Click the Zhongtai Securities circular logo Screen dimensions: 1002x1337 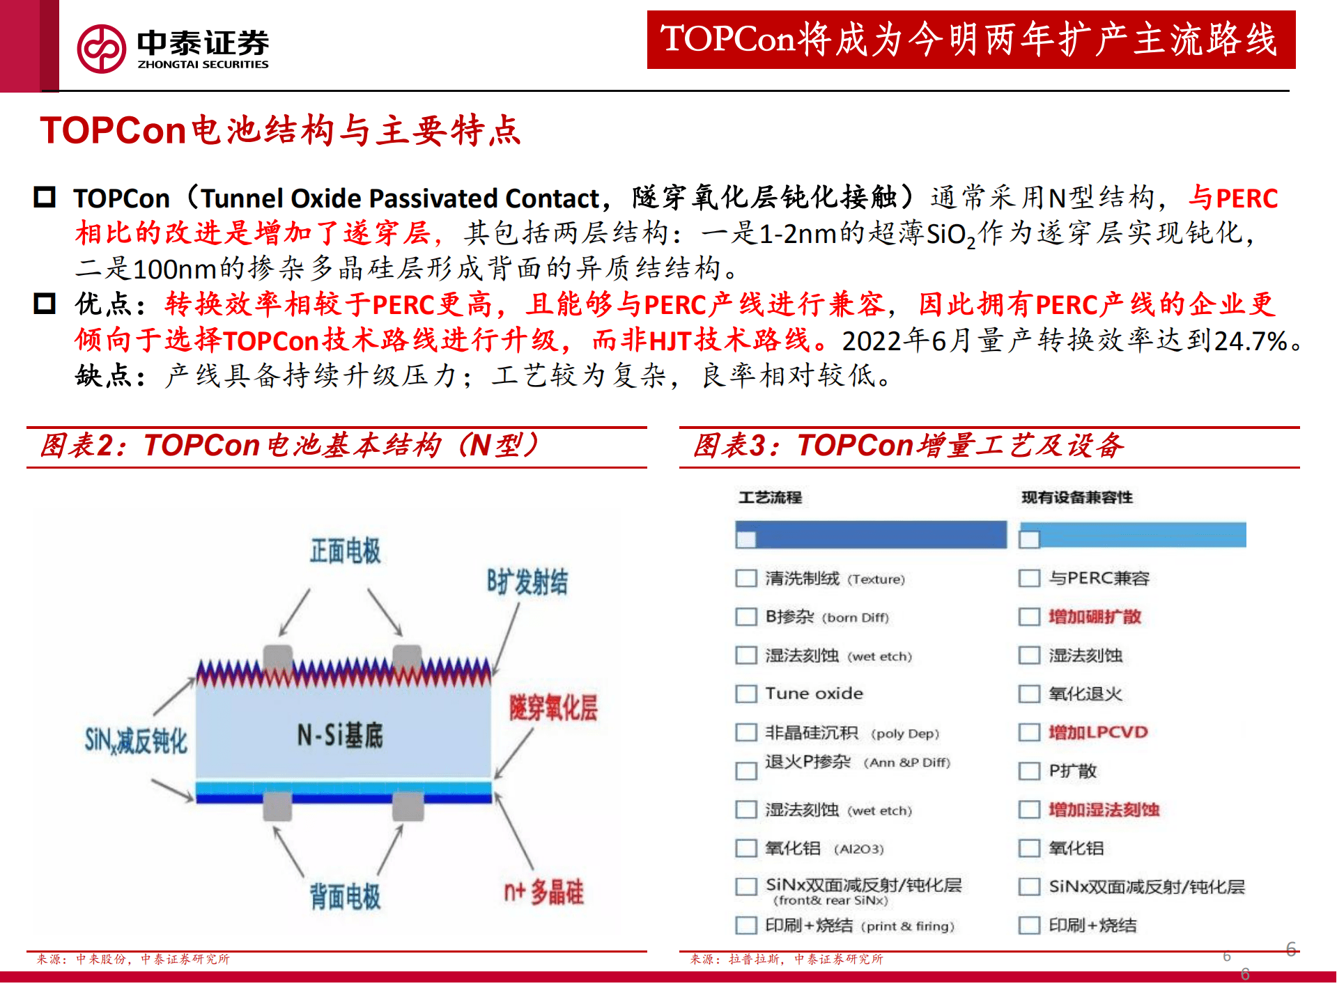(x=102, y=49)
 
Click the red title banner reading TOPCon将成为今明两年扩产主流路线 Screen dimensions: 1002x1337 (x=971, y=40)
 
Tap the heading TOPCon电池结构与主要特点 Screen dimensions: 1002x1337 (x=280, y=130)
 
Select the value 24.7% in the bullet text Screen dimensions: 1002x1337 (x=1250, y=340)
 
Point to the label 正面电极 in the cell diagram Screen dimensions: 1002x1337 (x=345, y=551)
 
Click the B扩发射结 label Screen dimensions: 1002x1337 (x=527, y=581)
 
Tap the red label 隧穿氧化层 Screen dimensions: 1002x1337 (x=553, y=707)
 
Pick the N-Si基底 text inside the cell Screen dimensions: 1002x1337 (x=340, y=735)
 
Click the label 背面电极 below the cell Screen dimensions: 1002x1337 (x=345, y=895)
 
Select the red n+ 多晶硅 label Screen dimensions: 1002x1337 (x=543, y=891)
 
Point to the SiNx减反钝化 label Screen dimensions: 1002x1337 (x=136, y=740)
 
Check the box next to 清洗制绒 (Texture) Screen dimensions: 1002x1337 (x=746, y=579)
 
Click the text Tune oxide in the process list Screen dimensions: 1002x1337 (x=814, y=694)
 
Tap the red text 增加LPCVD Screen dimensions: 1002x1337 (x=1098, y=733)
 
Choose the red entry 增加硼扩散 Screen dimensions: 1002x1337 (x=1095, y=617)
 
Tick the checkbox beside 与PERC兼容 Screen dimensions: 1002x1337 (x=1029, y=579)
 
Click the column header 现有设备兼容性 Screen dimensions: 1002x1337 (x=1076, y=497)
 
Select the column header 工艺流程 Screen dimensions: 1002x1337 (x=770, y=497)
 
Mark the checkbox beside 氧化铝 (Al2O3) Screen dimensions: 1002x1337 (x=746, y=848)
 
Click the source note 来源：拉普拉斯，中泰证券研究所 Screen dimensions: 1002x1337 (x=786, y=959)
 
